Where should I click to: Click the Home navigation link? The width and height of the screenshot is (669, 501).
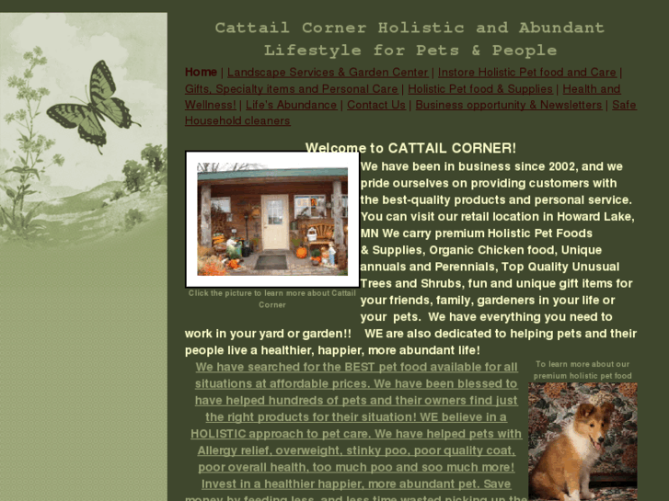[201, 73]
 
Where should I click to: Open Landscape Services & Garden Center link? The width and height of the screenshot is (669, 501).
[328, 73]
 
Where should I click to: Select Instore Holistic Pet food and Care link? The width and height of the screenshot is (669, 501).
[526, 73]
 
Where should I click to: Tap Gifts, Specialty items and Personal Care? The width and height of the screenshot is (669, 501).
[291, 89]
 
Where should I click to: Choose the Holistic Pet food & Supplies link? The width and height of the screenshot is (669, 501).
[480, 89]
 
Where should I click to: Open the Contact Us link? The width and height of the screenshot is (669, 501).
[375, 105]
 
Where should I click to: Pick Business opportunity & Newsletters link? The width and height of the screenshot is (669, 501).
[508, 105]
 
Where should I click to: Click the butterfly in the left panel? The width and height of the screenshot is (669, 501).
[93, 107]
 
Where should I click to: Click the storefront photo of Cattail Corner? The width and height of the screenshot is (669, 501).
[272, 220]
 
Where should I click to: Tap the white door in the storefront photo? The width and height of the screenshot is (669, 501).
[274, 222]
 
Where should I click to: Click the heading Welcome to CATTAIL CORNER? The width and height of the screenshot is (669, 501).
[410, 148]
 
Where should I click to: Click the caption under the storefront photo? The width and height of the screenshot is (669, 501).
[272, 299]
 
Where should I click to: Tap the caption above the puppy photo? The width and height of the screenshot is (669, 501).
[582, 370]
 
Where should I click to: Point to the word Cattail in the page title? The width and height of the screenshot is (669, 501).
[252, 28]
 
